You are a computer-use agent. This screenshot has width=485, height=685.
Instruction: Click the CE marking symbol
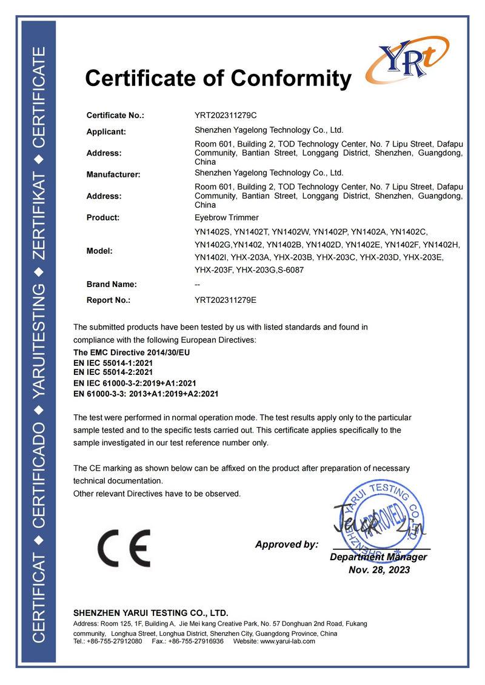[124, 548]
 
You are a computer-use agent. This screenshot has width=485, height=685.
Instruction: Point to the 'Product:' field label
[103, 217]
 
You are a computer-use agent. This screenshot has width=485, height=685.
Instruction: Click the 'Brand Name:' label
[112, 284]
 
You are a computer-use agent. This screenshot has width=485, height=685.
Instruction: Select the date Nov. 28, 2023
[379, 569]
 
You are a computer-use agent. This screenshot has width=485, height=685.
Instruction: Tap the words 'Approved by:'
[286, 544]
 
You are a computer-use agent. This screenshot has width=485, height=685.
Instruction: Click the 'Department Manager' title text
[378, 557]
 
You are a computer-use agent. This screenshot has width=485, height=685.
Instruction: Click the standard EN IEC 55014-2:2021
[113, 372]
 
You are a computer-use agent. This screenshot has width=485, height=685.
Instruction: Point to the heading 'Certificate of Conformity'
[218, 78]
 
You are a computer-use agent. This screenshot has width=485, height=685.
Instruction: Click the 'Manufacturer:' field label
[113, 174]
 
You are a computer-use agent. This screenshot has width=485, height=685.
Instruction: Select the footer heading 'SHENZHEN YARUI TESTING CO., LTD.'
[151, 613]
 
